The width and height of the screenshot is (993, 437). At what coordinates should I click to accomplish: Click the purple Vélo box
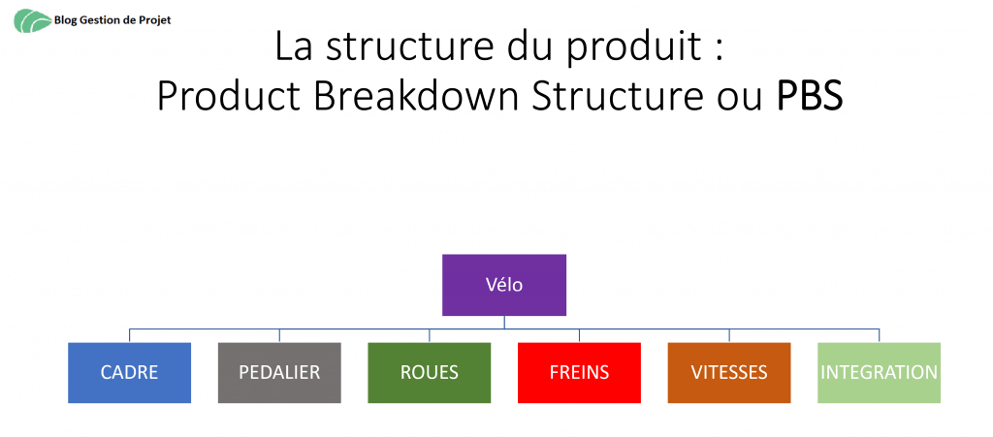point(504,285)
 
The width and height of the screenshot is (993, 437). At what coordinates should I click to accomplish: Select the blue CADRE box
point(129,372)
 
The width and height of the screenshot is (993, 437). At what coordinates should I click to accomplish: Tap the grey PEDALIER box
point(279,372)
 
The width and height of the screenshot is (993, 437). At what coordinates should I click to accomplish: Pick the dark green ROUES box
point(430,372)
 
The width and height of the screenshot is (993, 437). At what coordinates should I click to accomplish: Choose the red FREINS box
point(580,372)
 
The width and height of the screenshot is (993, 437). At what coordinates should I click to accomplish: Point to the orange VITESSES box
point(729,372)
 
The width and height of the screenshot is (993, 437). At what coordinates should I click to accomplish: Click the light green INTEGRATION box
point(879,372)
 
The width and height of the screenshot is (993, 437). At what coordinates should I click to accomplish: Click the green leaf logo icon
point(33,21)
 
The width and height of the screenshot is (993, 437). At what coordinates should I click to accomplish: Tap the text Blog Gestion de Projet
point(112,20)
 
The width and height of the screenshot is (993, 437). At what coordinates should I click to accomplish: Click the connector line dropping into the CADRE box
point(129,336)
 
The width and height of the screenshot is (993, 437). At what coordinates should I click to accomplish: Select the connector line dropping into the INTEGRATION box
point(879,336)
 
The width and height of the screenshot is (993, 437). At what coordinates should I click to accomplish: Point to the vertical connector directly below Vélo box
point(504,323)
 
